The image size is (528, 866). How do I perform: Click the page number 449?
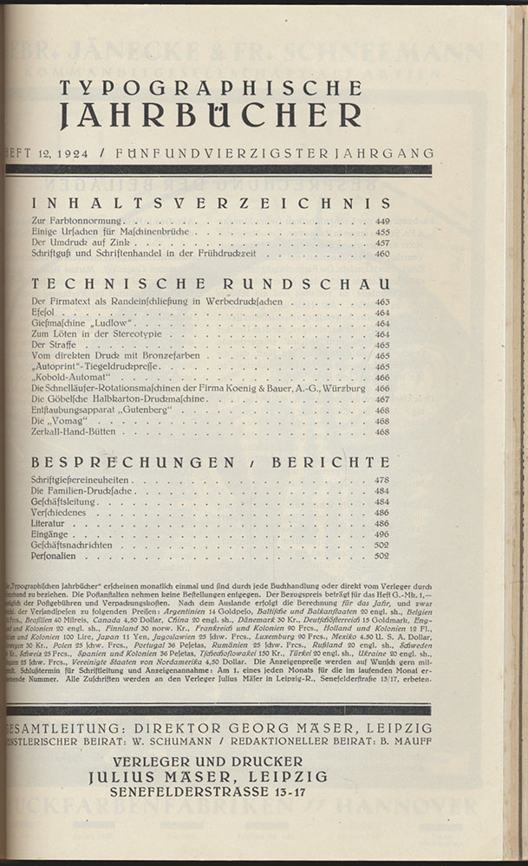[382, 222]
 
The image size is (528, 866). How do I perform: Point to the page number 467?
[382, 399]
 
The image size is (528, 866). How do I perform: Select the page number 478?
[382, 480]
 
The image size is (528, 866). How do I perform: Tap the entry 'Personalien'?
[54, 557]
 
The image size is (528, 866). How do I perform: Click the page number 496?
[382, 535]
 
